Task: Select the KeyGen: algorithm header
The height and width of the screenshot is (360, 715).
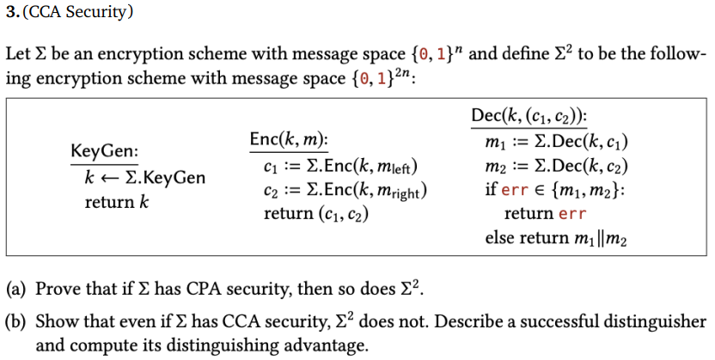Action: point(104,151)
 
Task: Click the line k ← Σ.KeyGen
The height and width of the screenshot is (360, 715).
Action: point(144,178)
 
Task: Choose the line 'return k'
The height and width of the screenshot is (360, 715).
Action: point(111,203)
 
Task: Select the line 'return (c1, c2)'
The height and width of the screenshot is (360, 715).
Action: point(315,214)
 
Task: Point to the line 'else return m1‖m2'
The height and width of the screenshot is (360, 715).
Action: point(555,238)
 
